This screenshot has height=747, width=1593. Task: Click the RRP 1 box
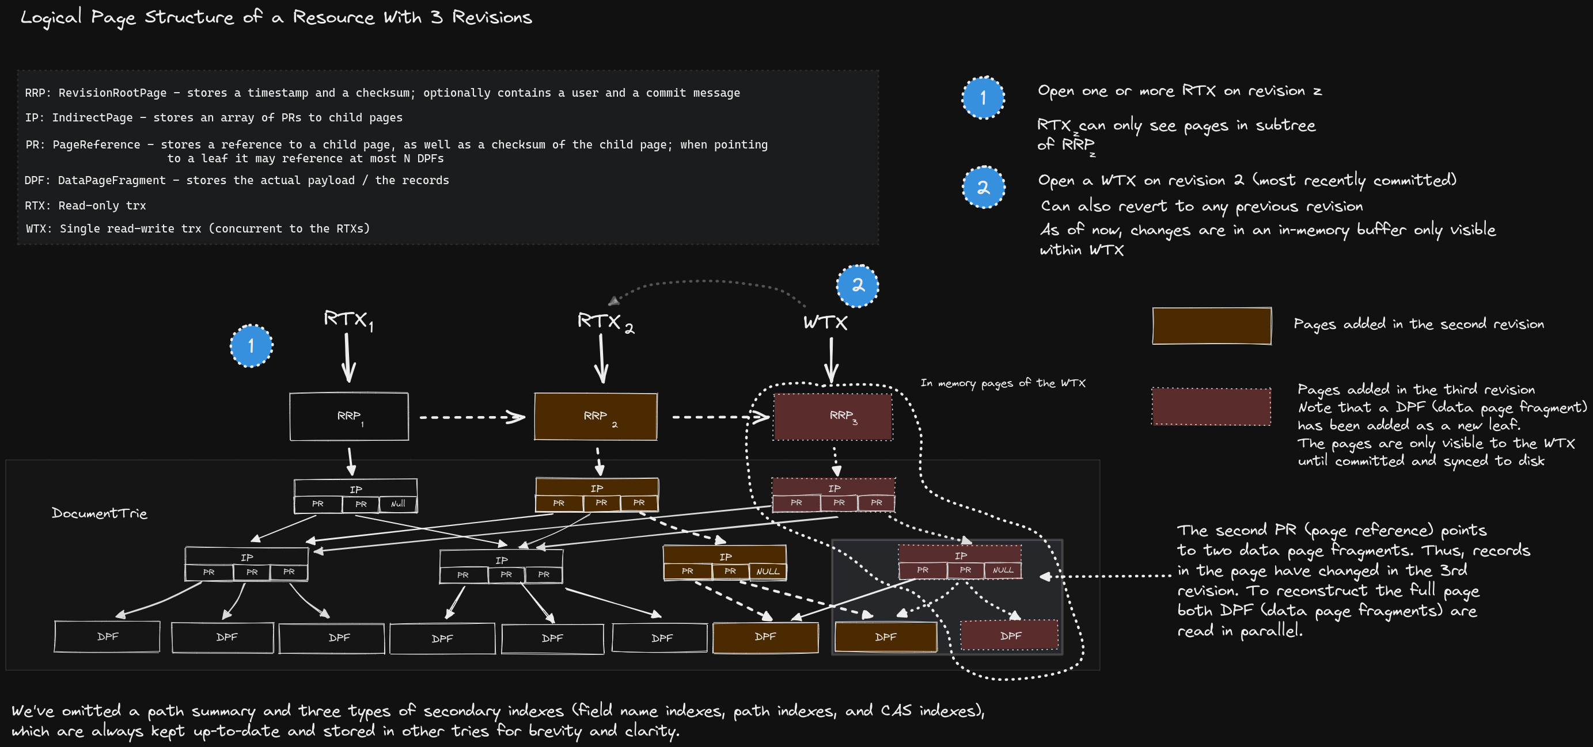click(349, 417)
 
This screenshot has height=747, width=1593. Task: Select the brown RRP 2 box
click(596, 417)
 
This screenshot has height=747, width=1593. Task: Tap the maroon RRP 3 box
click(833, 417)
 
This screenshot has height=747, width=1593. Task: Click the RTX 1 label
click(347, 319)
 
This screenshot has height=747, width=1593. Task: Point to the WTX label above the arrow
click(825, 322)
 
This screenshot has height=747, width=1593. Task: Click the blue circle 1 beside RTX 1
click(251, 345)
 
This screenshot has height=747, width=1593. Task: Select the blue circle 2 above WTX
click(857, 285)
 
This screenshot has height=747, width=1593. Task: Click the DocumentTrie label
click(100, 513)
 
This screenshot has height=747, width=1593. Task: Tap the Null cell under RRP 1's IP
click(397, 504)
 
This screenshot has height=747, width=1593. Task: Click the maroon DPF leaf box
click(1009, 636)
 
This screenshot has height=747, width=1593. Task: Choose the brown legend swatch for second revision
click(1211, 326)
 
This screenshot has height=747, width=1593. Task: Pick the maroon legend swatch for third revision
click(1211, 406)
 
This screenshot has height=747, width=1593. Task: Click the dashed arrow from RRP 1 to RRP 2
click(471, 417)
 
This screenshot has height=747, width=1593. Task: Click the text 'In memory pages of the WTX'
click(1003, 383)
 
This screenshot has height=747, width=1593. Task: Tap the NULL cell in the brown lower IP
click(768, 571)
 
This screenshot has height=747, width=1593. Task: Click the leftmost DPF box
click(107, 637)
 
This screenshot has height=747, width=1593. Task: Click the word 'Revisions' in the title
click(492, 17)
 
